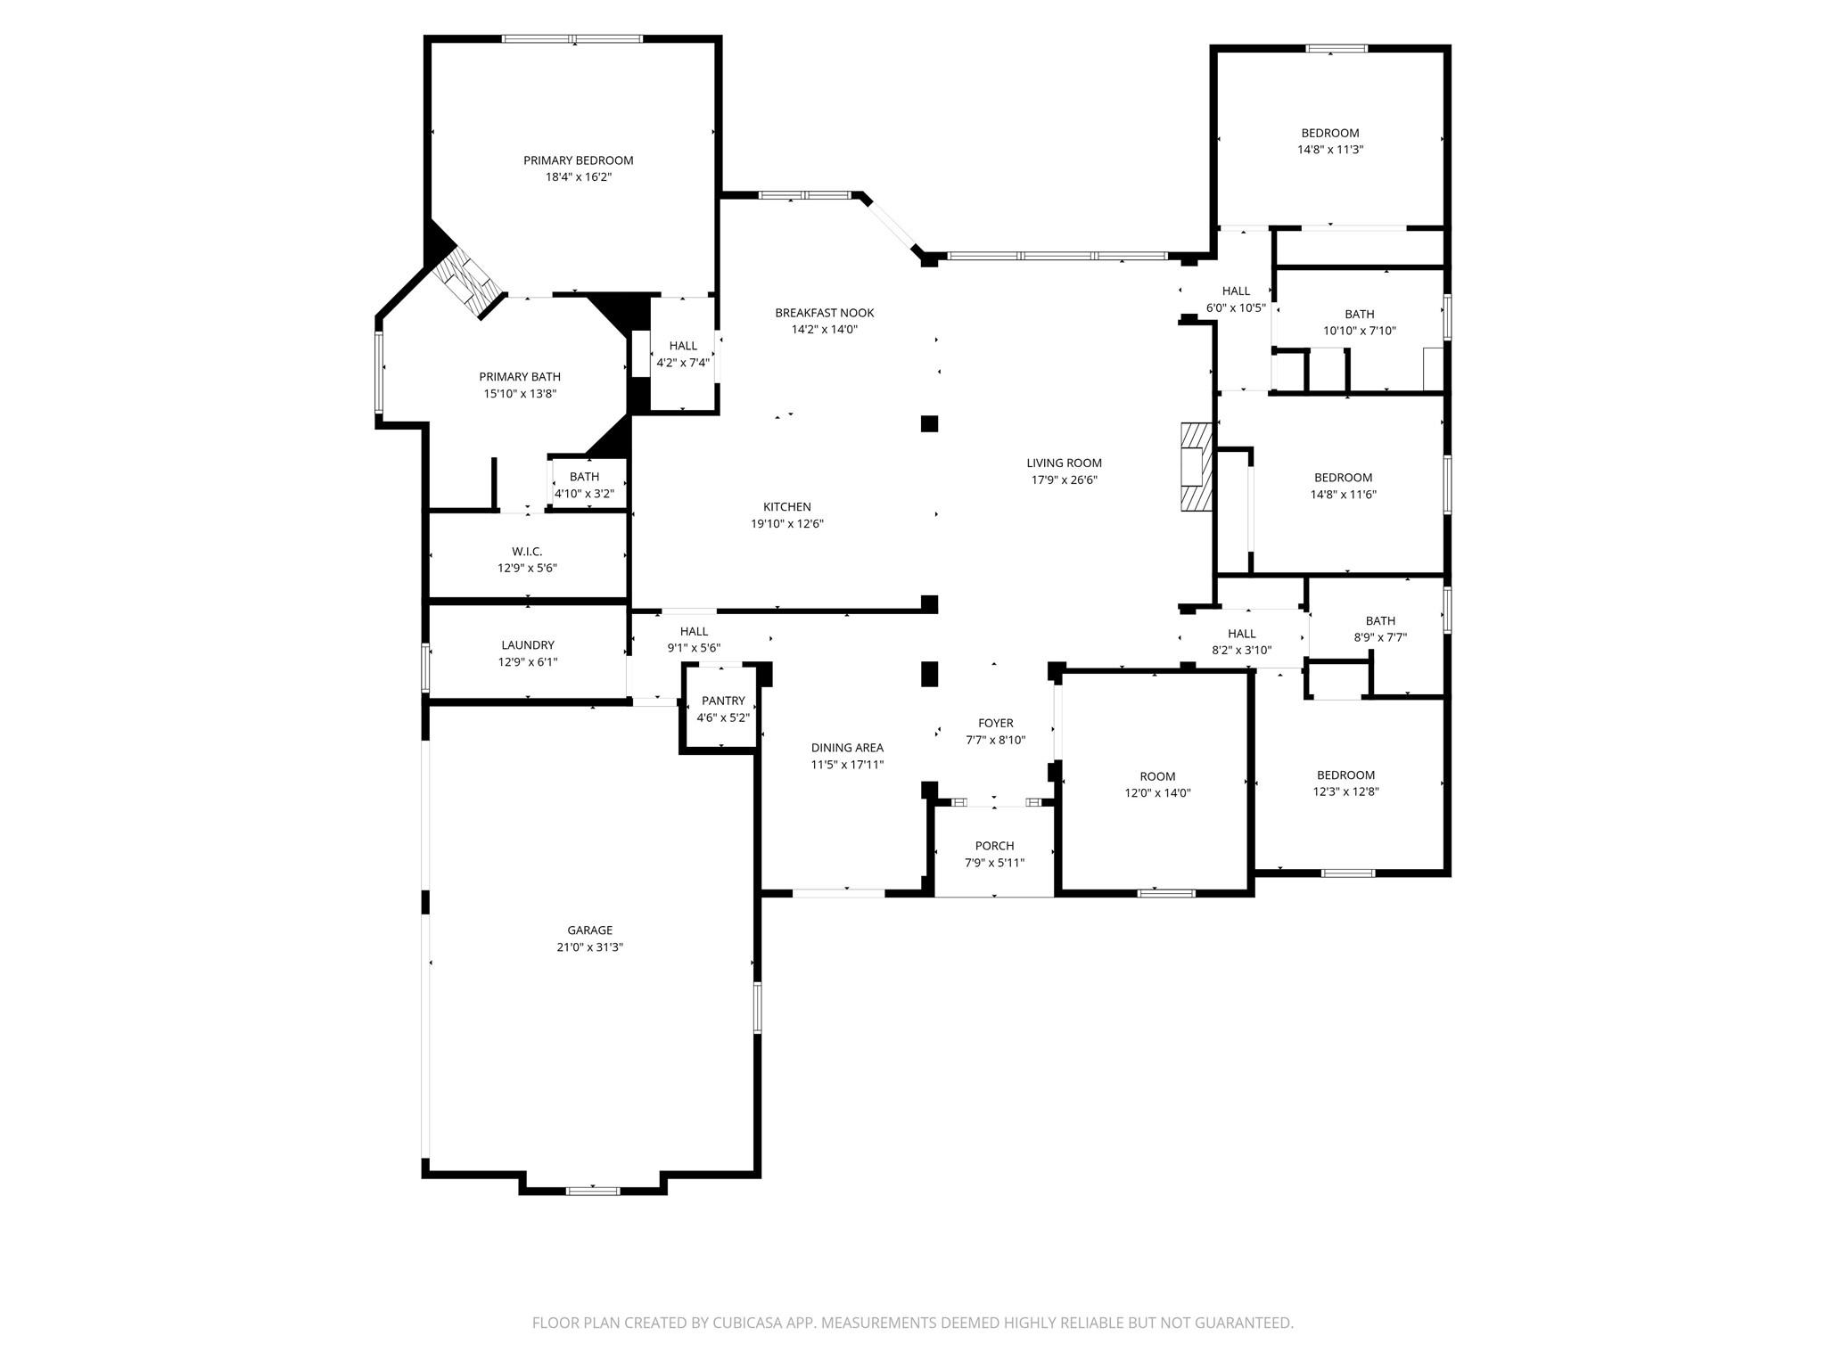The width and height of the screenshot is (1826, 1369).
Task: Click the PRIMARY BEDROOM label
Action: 578,160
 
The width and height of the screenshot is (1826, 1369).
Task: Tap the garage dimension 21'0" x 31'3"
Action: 589,947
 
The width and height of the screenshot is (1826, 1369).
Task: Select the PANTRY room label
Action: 722,701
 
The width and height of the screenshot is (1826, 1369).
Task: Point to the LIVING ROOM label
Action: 1064,463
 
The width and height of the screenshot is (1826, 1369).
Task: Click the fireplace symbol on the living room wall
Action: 1196,466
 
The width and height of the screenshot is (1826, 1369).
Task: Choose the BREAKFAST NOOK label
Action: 824,313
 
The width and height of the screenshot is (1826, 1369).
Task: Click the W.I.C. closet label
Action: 527,552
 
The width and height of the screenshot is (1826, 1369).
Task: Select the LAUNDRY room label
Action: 527,645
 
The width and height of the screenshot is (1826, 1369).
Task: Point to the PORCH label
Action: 994,846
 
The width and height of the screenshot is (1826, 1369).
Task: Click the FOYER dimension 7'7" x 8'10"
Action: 995,740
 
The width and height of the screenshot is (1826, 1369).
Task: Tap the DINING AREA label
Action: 847,748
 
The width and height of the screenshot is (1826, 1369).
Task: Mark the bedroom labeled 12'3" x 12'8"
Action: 1345,783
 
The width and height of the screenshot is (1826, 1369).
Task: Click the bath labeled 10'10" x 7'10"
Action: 1359,322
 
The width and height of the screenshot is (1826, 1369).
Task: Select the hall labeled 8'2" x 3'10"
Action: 1241,642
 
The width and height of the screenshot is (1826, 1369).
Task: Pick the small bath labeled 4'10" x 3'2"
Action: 584,485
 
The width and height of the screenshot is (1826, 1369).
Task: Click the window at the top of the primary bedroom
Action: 572,39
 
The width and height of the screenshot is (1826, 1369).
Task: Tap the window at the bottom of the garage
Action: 593,1190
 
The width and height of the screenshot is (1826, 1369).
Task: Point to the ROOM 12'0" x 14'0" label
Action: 1157,784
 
